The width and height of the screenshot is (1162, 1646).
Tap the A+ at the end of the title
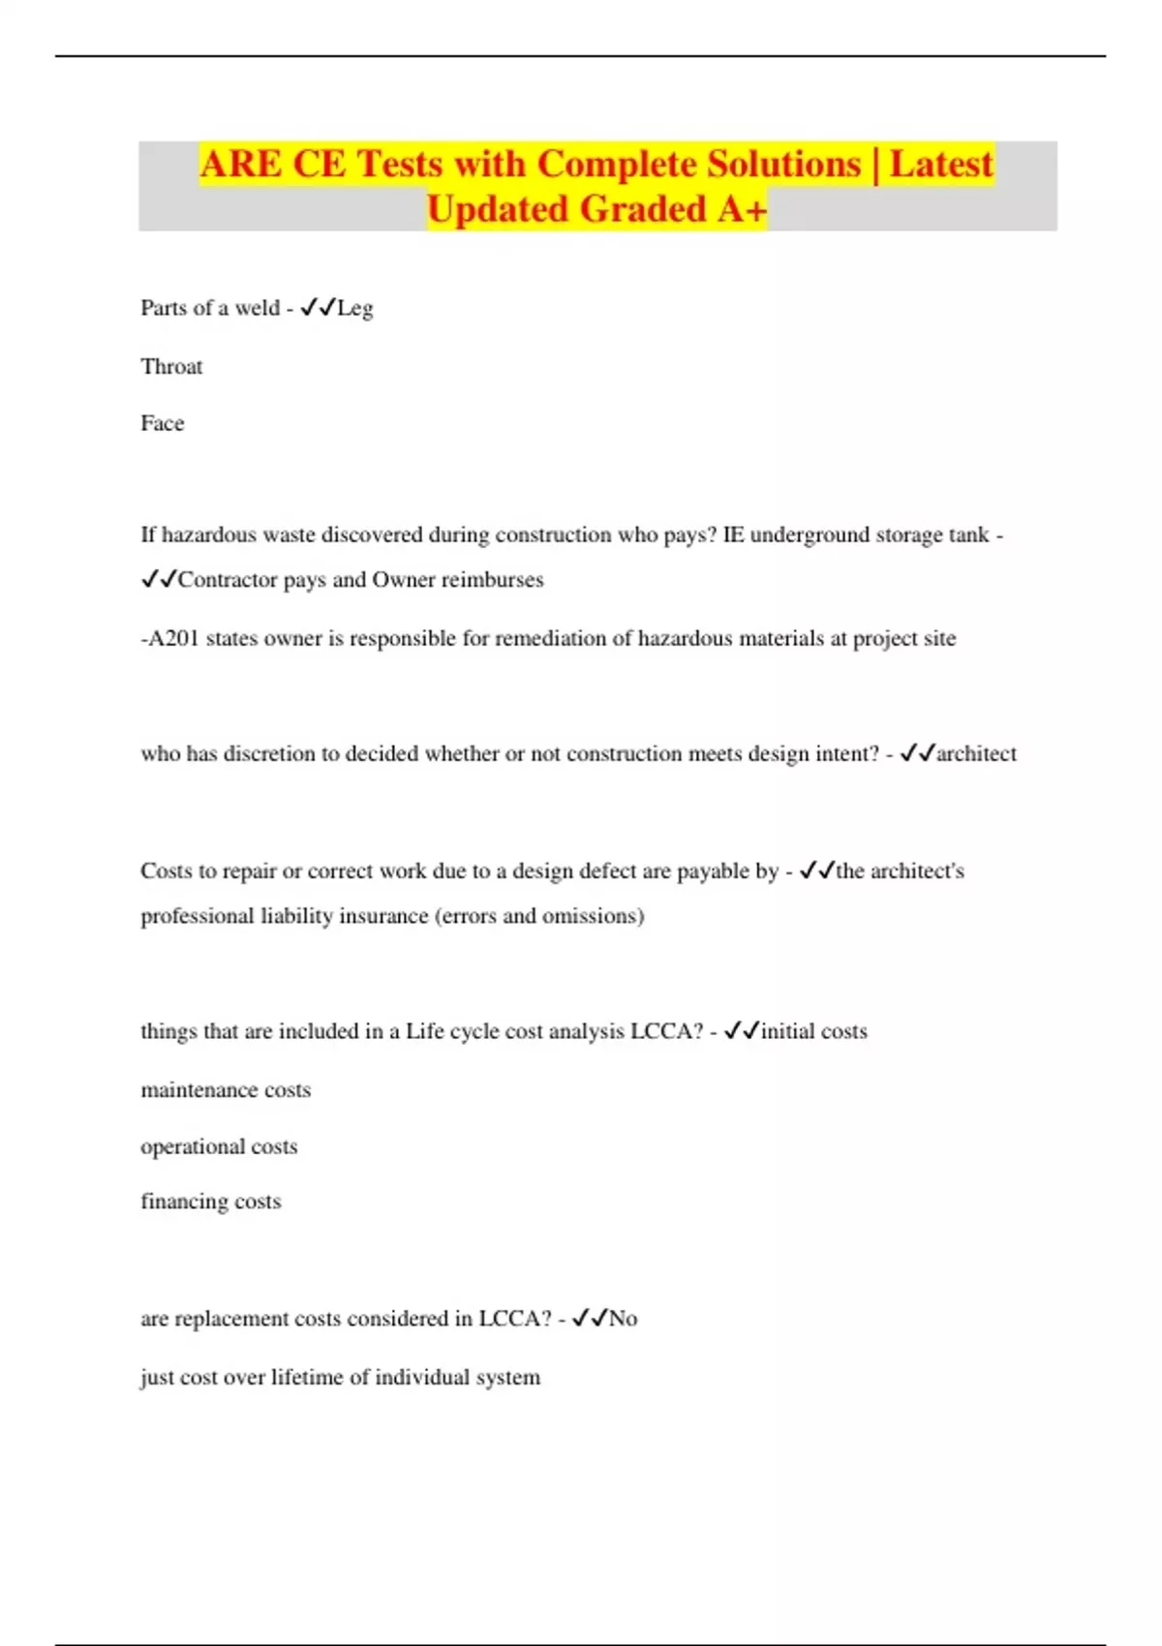click(x=742, y=209)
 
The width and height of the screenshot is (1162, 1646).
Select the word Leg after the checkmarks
click(x=355, y=309)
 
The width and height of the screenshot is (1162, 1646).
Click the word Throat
click(x=171, y=367)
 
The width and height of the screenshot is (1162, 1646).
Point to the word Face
click(x=162, y=423)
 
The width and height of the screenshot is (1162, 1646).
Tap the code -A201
click(x=170, y=639)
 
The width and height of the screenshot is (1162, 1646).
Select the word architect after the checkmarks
click(x=977, y=754)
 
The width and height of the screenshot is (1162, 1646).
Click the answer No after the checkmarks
click(x=624, y=1319)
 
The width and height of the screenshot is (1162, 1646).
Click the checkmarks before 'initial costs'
click(x=741, y=1031)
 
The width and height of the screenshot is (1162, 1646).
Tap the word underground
click(x=810, y=535)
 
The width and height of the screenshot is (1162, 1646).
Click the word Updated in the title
click(x=498, y=209)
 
